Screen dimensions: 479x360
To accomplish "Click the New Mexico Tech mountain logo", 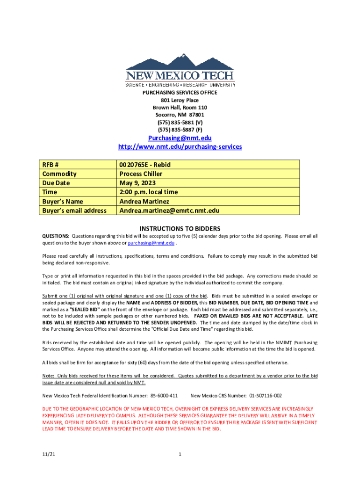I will point(180,69).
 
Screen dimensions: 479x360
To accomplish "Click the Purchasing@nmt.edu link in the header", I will point(180,138).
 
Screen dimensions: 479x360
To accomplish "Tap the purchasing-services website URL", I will point(180,147).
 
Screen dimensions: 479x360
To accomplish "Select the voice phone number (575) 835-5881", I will point(180,122).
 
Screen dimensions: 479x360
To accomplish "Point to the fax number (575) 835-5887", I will point(180,130).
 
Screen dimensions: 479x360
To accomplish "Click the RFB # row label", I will point(50,164).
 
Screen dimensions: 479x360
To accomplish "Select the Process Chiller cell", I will point(141,174).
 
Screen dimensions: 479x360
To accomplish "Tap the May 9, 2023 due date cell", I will point(137,183).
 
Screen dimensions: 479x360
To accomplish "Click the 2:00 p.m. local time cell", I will point(149,192).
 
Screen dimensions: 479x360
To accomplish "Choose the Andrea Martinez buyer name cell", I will point(144,201).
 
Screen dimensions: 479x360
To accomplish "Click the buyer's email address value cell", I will point(169,210).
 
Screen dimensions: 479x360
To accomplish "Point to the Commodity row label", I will point(59,174).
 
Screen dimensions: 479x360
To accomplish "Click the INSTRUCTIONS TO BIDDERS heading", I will point(180,229).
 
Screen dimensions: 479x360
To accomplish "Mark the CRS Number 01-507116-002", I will point(265,395).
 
